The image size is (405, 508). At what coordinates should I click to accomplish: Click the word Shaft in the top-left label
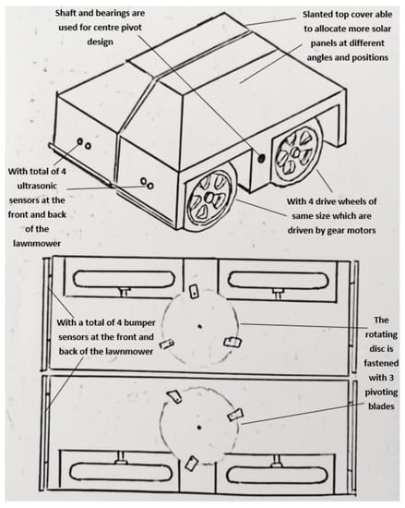tap(66, 13)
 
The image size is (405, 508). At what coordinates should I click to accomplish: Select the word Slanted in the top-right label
tap(317, 15)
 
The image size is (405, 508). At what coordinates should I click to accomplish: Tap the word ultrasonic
tap(37, 186)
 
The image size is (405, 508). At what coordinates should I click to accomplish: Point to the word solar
tap(382, 29)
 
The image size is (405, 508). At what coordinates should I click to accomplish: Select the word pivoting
tap(381, 393)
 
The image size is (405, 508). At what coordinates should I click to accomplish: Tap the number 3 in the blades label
tap(390, 378)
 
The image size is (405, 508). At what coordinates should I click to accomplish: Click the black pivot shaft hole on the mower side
tap(261, 159)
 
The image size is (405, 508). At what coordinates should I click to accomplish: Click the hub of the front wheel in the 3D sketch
tap(210, 197)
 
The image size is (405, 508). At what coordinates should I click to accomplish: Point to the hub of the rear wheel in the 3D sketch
tap(294, 152)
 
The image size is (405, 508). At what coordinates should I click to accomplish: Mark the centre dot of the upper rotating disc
tap(199, 326)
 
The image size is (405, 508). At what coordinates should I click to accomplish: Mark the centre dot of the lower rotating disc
tap(199, 428)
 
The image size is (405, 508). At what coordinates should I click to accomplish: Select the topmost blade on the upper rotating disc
tap(193, 291)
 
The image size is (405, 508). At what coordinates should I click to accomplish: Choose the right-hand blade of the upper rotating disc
tap(233, 342)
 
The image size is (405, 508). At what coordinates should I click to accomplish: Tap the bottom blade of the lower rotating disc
tap(191, 463)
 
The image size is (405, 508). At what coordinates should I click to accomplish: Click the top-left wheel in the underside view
tap(125, 279)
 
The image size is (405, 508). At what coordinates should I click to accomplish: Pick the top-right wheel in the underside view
tap(277, 281)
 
